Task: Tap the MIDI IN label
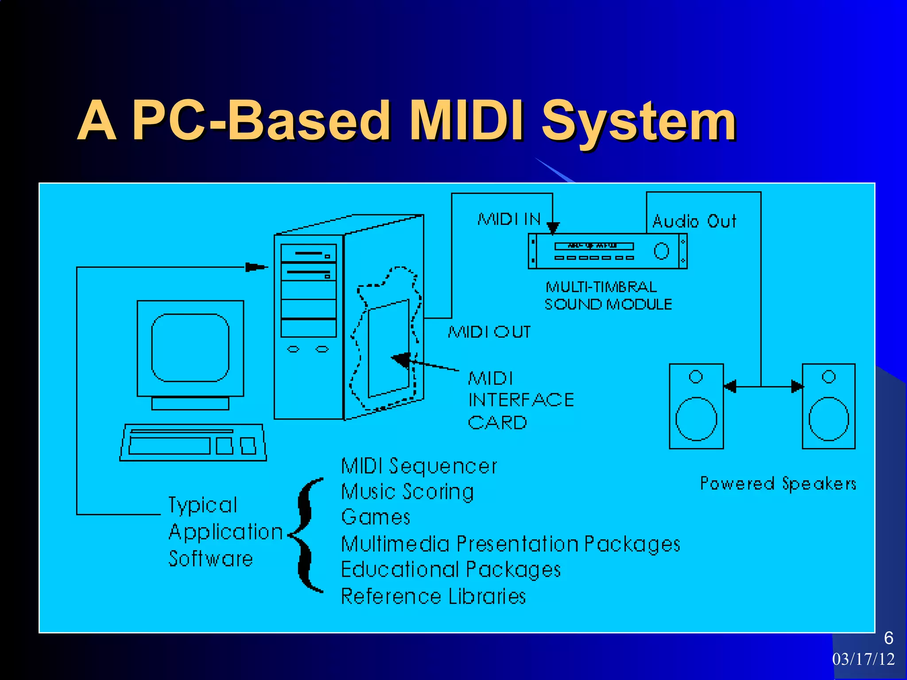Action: click(509, 219)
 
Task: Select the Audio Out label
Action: click(694, 221)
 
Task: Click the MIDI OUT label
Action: click(489, 332)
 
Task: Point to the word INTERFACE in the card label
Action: click(521, 400)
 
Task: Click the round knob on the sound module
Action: click(661, 251)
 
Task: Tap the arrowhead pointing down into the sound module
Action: click(553, 228)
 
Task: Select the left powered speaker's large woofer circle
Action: click(696, 419)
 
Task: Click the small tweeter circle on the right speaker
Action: click(829, 377)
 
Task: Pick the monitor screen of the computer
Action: click(190, 348)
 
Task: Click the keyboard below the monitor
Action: click(193, 443)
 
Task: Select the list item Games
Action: click(376, 517)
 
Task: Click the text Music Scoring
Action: click(407, 492)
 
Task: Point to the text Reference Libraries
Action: click(433, 596)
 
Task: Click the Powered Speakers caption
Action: click(778, 483)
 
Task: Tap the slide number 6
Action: click(888, 638)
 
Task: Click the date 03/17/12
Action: click(863, 659)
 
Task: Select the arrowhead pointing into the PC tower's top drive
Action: click(256, 267)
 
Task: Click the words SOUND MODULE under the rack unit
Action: click(608, 304)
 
